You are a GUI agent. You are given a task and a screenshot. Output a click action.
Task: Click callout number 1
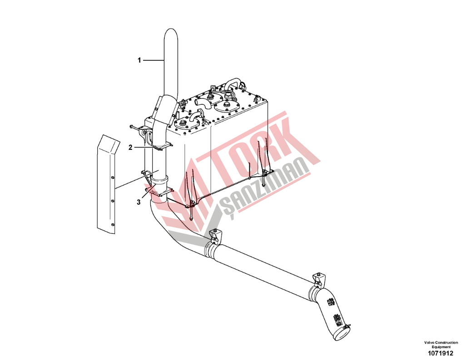click(139, 60)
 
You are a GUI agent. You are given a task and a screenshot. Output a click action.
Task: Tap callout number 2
click(130, 147)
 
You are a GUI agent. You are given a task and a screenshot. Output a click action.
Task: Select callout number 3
click(139, 202)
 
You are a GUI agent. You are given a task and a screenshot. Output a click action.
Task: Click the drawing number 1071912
click(441, 353)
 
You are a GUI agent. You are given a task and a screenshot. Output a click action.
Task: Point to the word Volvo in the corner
click(429, 343)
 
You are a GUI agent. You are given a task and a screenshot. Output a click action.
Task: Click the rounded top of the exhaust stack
click(171, 33)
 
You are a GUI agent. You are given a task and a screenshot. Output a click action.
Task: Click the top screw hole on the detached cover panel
click(112, 178)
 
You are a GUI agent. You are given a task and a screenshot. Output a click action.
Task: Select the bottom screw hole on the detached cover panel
click(112, 225)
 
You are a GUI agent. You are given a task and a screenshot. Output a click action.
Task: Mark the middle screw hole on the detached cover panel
click(112, 201)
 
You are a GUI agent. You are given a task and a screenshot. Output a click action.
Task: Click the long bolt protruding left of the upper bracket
click(136, 128)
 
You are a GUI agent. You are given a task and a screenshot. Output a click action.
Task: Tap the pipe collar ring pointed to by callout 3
click(159, 180)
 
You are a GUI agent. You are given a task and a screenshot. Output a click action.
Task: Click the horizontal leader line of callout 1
click(154, 60)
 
